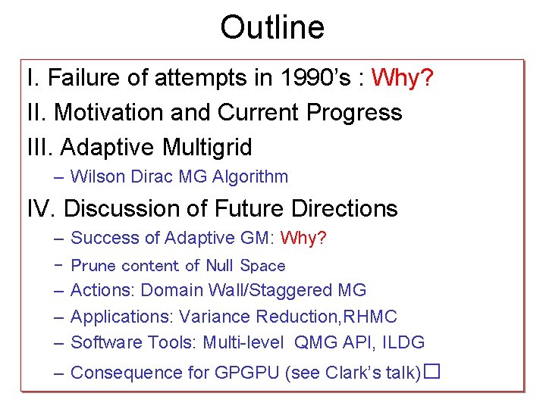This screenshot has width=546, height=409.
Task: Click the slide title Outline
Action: (272, 28)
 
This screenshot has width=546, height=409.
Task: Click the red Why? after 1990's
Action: (403, 78)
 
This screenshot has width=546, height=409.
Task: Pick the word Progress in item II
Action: (354, 113)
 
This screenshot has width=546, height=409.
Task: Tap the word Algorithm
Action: (252, 177)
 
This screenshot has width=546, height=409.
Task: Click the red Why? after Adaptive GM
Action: (303, 239)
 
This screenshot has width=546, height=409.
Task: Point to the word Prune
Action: (93, 266)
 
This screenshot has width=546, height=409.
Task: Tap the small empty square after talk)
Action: (432, 372)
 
